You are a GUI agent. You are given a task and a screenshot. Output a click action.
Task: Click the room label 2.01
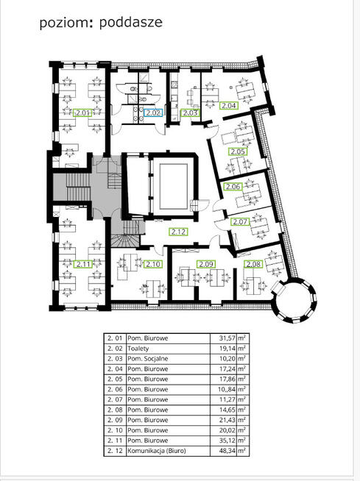[x=82, y=113]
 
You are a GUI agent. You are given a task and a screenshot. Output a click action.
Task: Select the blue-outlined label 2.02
[x=153, y=113]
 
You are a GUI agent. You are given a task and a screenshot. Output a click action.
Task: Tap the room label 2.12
[x=178, y=232]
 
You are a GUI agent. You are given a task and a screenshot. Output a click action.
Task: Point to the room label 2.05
[x=238, y=152]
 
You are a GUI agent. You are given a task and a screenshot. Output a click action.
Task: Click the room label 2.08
[x=253, y=264]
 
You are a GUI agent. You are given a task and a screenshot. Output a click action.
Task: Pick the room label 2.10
[x=153, y=264]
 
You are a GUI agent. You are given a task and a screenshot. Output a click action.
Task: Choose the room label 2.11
[x=83, y=264]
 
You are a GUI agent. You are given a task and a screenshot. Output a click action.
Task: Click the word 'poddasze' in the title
[x=131, y=22]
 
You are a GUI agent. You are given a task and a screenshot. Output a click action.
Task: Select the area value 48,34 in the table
[x=227, y=451]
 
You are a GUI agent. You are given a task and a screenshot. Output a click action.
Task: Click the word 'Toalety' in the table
[x=138, y=349]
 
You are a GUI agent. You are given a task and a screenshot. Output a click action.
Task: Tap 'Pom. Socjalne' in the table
[x=148, y=359]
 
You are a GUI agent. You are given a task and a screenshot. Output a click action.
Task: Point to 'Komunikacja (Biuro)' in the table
[x=157, y=451]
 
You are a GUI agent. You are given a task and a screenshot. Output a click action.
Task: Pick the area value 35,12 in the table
[x=227, y=441]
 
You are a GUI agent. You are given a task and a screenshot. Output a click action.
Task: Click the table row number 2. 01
[x=115, y=338]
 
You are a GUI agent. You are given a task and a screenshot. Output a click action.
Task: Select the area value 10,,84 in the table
[x=227, y=389]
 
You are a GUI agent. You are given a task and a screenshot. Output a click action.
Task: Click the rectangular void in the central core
[x=174, y=186]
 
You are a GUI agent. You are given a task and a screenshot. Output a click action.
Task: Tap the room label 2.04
[x=228, y=105]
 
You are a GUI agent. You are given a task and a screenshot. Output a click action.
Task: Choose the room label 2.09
[x=206, y=264]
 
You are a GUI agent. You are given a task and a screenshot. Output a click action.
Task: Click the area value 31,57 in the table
[x=227, y=338]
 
